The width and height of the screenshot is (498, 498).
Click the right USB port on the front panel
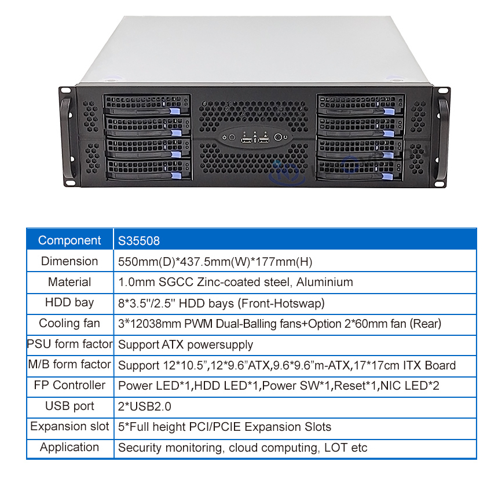coord(263,139)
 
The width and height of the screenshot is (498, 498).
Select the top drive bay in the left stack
coord(147,106)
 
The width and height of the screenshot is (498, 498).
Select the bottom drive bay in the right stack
coord(360,169)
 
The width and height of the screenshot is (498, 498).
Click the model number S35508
coord(139,240)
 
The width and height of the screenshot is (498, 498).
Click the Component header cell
coord(69,240)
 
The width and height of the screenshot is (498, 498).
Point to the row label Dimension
coord(69,261)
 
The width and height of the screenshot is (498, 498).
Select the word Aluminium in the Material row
coord(324,282)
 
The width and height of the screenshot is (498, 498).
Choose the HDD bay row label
coord(69,302)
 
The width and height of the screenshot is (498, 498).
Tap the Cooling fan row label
coord(69,323)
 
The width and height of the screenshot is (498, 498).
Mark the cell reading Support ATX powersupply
coord(185,345)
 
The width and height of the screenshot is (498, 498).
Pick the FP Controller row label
coord(69,385)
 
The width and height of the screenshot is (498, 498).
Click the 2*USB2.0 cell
coord(145,407)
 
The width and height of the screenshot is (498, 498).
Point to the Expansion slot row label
coord(69,427)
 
